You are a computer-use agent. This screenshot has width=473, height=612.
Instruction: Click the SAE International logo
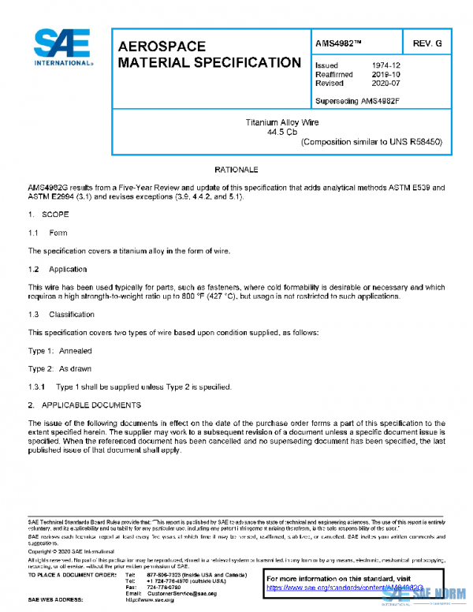pos(64,47)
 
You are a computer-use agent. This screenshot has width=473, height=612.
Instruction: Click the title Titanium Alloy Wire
pos(281,123)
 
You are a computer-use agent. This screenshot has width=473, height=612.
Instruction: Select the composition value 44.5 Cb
pos(281,132)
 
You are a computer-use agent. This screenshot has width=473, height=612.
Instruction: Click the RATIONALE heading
pos(236,170)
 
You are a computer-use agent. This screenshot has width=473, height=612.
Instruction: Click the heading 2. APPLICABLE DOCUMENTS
pos(84,405)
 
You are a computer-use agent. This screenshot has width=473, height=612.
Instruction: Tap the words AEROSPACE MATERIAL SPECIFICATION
pos(208,54)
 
